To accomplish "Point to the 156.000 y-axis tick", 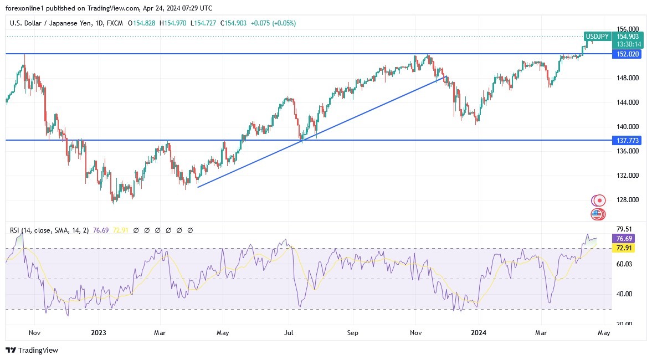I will [628, 29].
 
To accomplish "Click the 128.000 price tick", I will [628, 200].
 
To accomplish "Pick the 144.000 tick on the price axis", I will [628, 102].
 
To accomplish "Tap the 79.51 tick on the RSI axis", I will [624, 229].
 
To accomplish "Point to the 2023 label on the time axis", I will [98, 333].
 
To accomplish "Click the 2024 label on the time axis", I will [478, 333].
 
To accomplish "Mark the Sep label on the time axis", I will [353, 333].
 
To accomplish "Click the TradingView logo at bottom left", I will [32, 350].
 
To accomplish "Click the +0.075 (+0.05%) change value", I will [273, 23].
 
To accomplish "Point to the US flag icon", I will [597, 213].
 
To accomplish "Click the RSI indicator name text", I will [16, 230].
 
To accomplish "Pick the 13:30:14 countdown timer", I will [630, 44].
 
